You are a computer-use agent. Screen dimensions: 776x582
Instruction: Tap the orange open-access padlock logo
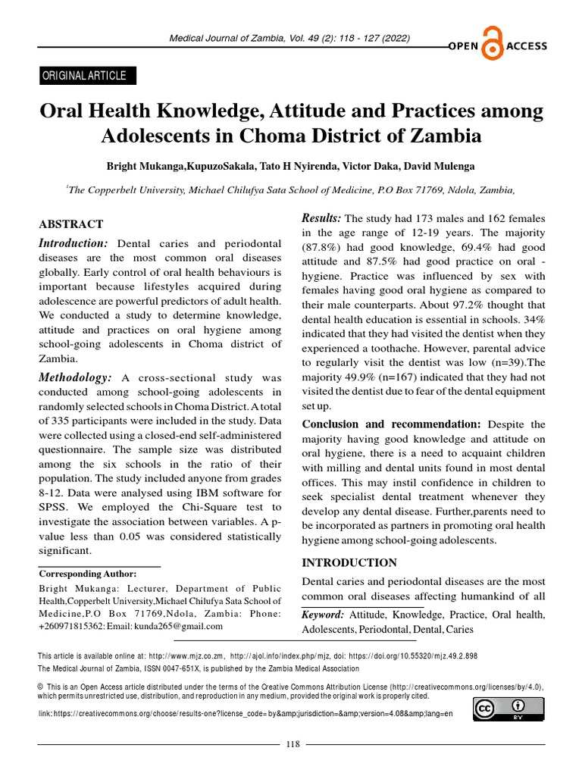[493, 47]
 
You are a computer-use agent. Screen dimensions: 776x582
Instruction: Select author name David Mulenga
[449, 166]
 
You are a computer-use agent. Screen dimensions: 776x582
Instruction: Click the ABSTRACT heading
[70, 224]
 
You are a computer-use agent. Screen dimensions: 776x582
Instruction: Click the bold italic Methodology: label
[76, 377]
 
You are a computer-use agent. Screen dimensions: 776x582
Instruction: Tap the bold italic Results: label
[321, 218]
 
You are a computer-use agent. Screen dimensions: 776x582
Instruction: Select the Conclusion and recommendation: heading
[391, 424]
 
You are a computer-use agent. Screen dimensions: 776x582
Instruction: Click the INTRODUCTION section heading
[349, 562]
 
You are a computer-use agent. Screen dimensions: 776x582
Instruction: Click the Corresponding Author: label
[88, 574]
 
